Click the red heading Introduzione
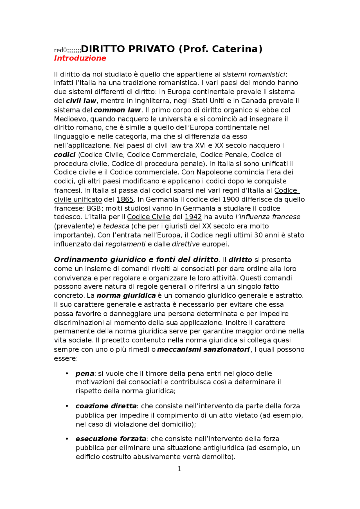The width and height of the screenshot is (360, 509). point(80,58)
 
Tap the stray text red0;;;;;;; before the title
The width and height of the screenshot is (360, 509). point(67,50)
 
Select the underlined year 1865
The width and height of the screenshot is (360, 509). point(125,200)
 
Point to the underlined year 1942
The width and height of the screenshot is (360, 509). point(193,217)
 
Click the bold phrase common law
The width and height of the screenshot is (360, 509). point(117,110)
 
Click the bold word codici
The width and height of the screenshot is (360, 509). point(65,155)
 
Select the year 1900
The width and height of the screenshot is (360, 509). point(231,200)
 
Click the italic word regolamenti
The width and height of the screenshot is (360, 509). point(125,244)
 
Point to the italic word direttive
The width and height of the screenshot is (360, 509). point(186,244)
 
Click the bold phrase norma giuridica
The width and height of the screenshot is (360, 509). point(126,296)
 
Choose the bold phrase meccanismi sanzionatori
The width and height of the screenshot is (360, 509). point(203,350)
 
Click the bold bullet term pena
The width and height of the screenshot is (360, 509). point(85,374)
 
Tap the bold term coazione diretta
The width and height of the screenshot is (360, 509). point(106,406)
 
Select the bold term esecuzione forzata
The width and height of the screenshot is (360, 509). point(111,439)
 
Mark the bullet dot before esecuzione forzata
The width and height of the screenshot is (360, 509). point(67,439)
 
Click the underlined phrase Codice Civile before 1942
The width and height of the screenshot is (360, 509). point(148,217)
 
